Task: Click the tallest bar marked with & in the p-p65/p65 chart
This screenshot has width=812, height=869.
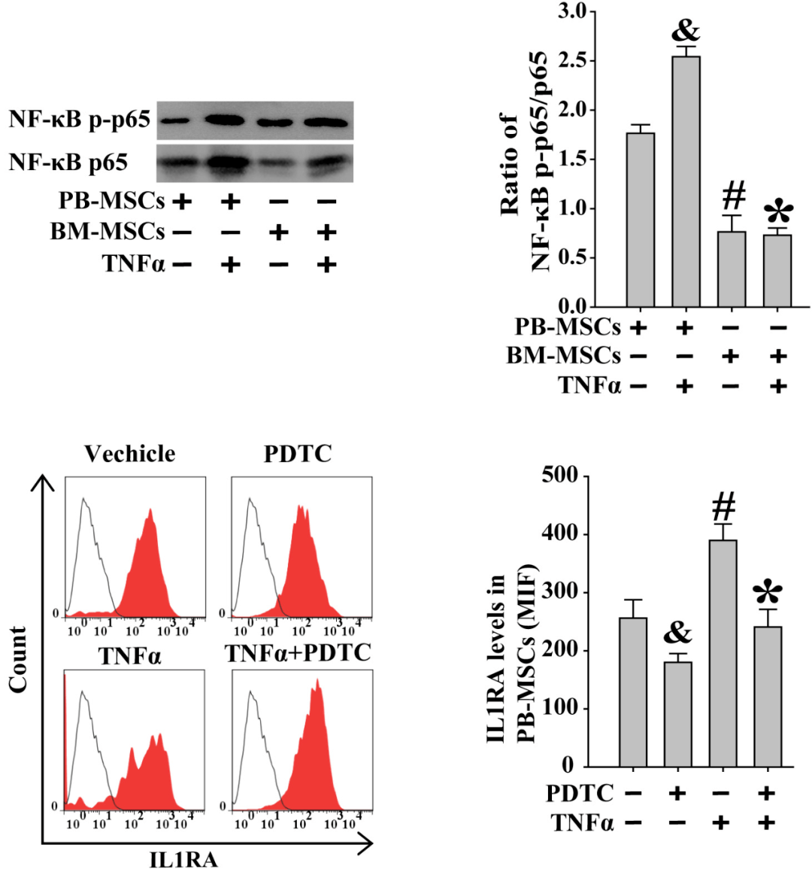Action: click(684, 181)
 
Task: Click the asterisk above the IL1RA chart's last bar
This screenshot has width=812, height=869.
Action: click(767, 594)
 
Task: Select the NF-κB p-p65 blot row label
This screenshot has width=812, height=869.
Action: click(80, 120)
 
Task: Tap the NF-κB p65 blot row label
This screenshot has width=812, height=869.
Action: click(68, 163)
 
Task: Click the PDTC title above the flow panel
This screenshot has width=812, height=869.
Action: click(298, 454)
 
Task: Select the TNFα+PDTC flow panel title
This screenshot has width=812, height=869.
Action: click(298, 653)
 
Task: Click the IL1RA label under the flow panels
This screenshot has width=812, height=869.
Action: click(183, 858)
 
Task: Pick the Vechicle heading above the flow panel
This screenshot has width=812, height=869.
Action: click(129, 454)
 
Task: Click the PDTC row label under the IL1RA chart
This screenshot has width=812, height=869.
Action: click(580, 793)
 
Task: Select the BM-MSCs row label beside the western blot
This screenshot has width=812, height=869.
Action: click(107, 232)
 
